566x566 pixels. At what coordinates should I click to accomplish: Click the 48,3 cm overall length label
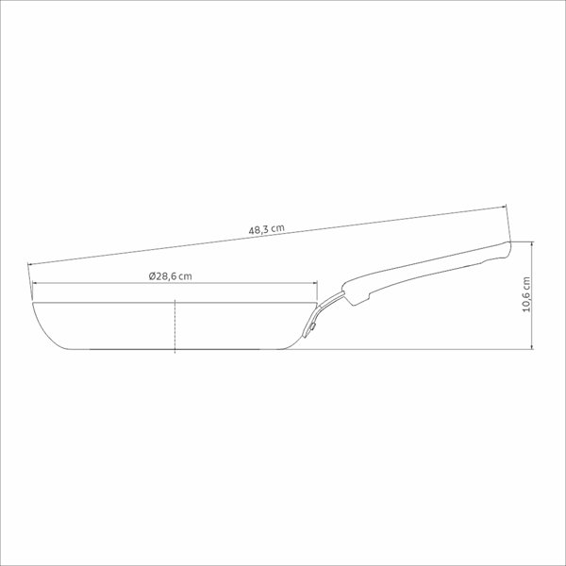point(266,229)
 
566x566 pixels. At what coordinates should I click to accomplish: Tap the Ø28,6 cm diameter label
point(171,276)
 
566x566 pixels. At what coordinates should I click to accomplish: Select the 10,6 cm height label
point(526,294)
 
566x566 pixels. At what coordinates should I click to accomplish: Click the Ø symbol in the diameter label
point(152,276)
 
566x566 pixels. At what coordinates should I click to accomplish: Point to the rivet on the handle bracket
point(311,327)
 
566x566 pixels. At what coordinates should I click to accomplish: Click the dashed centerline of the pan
point(175,326)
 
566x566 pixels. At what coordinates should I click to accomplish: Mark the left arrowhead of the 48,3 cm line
point(30,265)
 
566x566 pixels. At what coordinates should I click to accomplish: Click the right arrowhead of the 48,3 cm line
point(505,207)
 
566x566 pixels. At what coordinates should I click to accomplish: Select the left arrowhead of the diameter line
point(35,283)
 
